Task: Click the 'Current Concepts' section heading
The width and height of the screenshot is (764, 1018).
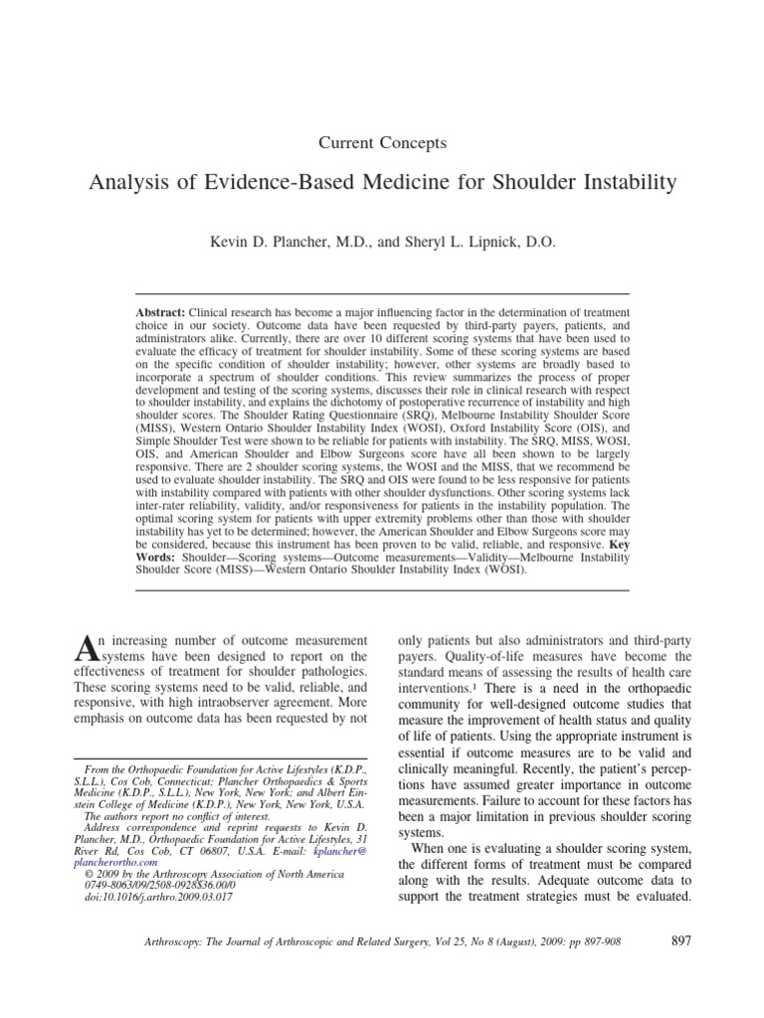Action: (382, 142)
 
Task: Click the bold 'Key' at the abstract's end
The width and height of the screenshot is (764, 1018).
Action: (616, 545)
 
